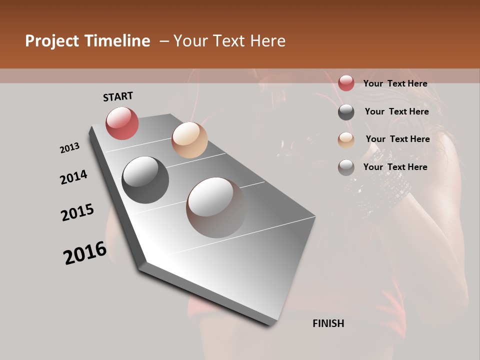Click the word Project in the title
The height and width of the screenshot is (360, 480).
51,41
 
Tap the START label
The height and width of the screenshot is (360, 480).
118,96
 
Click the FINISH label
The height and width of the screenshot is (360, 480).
328,323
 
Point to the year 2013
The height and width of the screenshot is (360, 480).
69,148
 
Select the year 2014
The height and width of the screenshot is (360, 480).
73,177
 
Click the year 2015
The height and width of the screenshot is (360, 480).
77,212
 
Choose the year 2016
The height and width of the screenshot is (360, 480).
85,252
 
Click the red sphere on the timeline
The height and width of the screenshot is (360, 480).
122,123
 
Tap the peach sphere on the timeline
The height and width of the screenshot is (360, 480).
189,140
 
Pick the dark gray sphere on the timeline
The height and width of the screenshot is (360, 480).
145,180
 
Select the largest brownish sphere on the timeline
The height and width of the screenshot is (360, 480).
216,207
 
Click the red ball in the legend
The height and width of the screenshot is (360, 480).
346,83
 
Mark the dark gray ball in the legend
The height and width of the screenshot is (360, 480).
346,112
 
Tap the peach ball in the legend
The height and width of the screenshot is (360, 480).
346,140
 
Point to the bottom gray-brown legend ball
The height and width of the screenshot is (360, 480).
346,167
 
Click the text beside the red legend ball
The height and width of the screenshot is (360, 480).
395,83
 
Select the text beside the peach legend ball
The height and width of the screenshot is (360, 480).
397,139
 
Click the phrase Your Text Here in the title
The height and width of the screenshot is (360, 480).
229,41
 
